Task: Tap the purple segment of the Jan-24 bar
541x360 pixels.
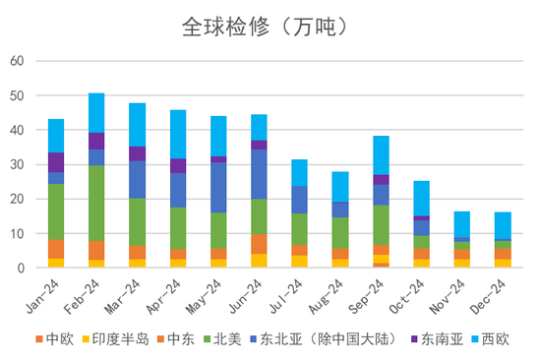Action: tap(56, 162)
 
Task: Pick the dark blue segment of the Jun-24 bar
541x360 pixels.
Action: tap(259, 174)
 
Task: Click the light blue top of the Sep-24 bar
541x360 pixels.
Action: tap(381, 154)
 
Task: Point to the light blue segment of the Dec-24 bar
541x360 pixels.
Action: tap(503, 225)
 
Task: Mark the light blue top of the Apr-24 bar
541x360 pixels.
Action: tap(178, 134)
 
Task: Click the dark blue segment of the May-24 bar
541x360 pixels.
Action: tap(218, 187)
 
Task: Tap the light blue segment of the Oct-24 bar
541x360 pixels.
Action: tap(421, 198)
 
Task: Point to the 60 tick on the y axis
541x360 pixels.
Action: tap(17, 61)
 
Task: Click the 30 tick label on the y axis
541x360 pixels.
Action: tap(17, 164)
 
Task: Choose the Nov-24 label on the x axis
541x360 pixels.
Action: tap(453, 294)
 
